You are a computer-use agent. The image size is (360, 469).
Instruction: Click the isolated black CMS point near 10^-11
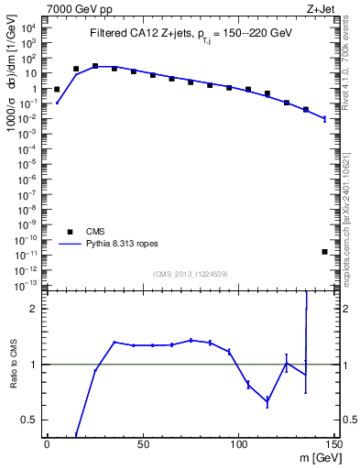click(325, 251)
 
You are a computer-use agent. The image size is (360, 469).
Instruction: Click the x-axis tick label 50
click(142, 444)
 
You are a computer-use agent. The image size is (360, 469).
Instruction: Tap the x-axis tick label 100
click(238, 444)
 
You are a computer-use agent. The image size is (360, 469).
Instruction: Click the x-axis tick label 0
click(47, 444)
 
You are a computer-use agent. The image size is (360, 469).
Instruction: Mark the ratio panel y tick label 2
click(33, 309)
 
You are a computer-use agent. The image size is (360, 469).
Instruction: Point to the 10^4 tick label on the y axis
click(30, 28)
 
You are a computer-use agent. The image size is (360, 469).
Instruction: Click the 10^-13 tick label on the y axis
click(28, 284)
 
